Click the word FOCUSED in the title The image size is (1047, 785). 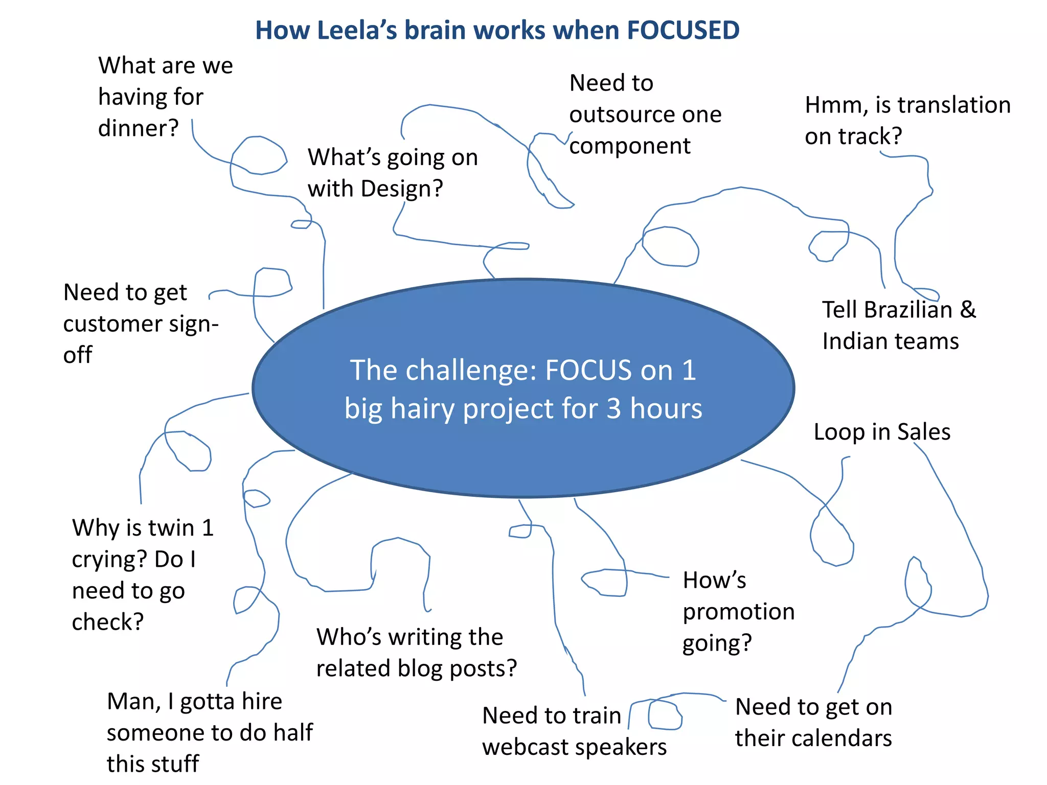(683, 30)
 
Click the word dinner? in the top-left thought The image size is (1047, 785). (138, 128)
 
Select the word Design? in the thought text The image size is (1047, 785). (402, 189)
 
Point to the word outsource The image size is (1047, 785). (617, 114)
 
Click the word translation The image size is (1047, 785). (954, 105)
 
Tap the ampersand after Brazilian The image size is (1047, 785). (968, 310)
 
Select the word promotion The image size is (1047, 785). (739, 612)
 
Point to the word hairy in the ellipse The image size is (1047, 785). (424, 409)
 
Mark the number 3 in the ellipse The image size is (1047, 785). (614, 409)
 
